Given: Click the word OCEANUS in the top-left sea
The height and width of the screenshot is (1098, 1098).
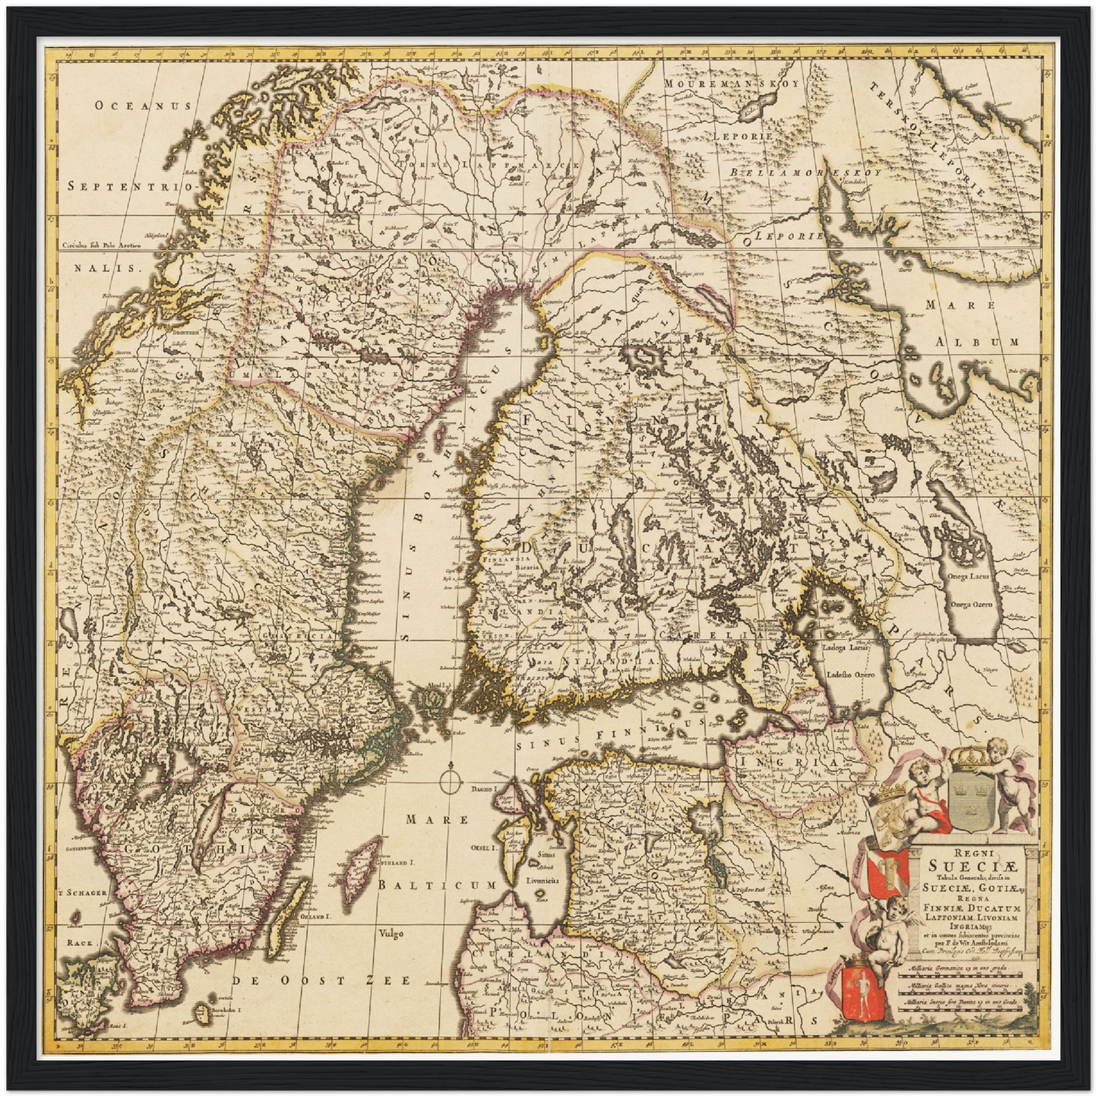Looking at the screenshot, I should [142, 106].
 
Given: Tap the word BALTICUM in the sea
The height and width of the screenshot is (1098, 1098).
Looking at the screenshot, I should [438, 886].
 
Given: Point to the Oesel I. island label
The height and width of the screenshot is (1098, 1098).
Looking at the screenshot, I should [482, 846].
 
